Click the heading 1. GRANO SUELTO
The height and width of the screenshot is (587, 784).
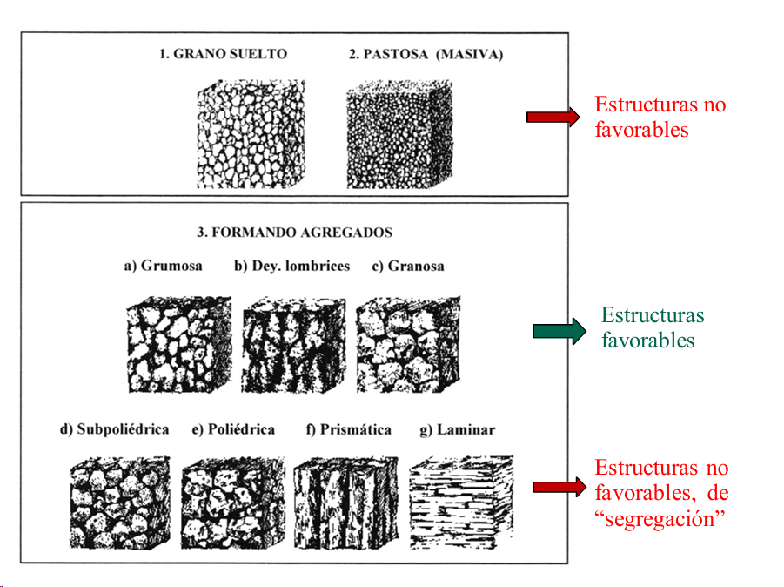[x=223, y=54]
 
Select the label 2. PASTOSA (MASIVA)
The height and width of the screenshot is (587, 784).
[x=426, y=54]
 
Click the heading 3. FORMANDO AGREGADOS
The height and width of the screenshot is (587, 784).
[x=294, y=233]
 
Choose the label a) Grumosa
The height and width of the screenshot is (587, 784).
[x=163, y=266]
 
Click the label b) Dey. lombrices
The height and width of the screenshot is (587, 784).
[x=291, y=266]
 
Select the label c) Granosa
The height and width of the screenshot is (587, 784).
[x=407, y=266]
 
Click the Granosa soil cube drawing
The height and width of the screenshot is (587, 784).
[x=408, y=343]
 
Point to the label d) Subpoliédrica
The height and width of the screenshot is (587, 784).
[x=114, y=429]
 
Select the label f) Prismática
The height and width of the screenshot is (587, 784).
[x=348, y=429]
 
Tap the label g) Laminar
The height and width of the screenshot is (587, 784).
[x=457, y=429]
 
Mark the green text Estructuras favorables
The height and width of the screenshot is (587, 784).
[x=652, y=327]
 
